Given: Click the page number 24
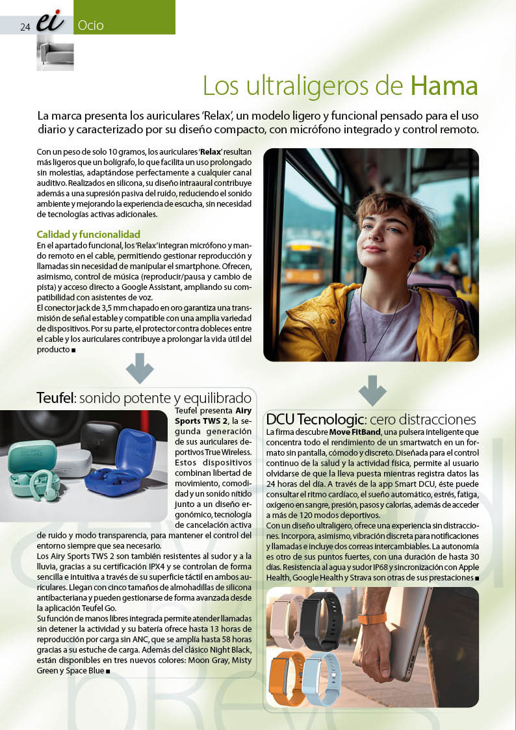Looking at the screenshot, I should click(25, 27).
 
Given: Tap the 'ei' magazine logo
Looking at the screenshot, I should click(50, 23).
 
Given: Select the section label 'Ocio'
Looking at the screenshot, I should click(90, 26).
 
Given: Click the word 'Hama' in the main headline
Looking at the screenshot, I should click(444, 85).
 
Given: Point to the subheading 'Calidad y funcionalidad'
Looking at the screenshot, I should click(88, 234).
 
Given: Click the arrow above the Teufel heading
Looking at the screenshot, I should click(140, 368).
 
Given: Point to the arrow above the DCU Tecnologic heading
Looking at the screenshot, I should click(372, 391).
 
